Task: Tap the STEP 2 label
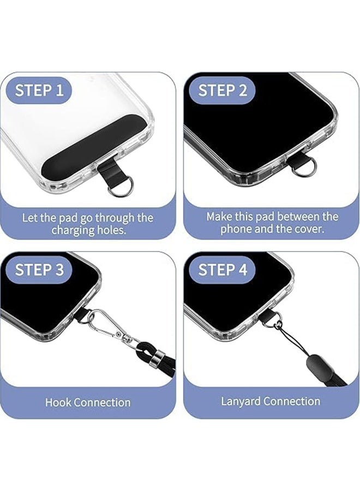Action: point(222,90)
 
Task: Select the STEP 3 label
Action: point(39,270)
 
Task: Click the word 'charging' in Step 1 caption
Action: point(75,230)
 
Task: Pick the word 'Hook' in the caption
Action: point(57,403)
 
